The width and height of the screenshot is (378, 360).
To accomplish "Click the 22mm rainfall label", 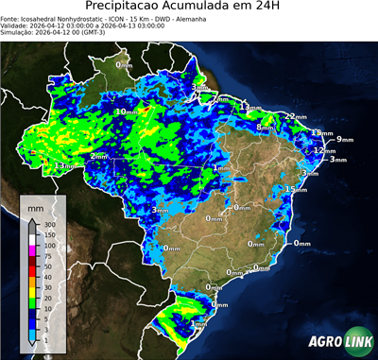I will tap(295, 116).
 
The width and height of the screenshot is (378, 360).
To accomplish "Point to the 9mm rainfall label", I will tap(344, 140).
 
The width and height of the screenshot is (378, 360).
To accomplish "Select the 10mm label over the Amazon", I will tap(125, 111).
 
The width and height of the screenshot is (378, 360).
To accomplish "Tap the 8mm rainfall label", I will tap(266, 127).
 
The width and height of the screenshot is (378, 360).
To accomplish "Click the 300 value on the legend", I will tap(49, 225).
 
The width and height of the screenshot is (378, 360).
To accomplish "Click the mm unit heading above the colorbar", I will tap(36, 205).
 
